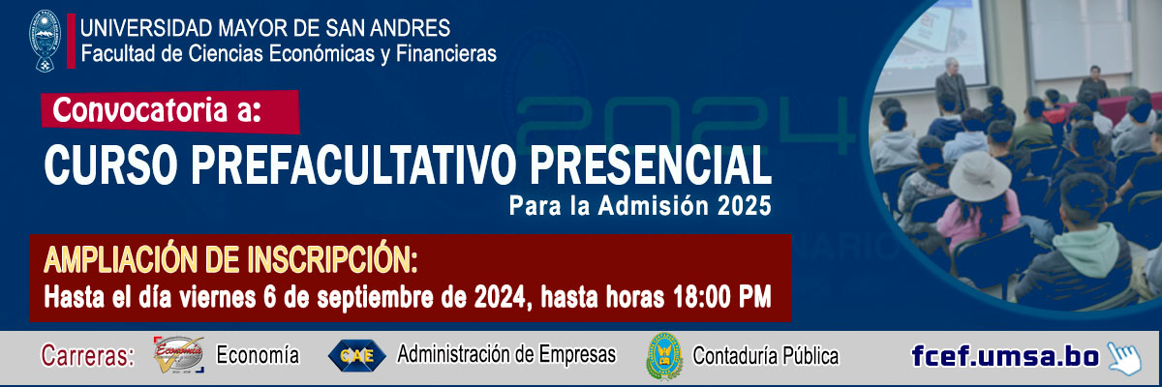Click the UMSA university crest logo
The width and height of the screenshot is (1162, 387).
click(x=45, y=41)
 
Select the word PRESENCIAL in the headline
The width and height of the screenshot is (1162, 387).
click(x=651, y=164)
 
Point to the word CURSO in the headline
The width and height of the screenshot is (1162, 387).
click(x=111, y=164)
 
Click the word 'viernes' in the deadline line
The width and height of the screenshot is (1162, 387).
click(x=218, y=298)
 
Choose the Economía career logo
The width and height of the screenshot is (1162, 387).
click(x=178, y=355)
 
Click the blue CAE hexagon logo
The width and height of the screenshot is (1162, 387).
click(x=357, y=355)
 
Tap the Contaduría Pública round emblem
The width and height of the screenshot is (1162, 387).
click(x=664, y=356)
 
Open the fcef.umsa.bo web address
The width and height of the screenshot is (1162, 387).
click(x=1005, y=356)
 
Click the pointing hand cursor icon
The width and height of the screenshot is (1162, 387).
click(x=1124, y=357)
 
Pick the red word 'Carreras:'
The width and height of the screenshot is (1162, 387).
click(x=88, y=356)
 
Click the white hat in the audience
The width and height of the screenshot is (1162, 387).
click(x=980, y=176)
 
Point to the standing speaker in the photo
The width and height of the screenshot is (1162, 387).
click(x=952, y=83)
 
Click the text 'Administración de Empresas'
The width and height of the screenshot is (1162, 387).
click(x=506, y=354)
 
